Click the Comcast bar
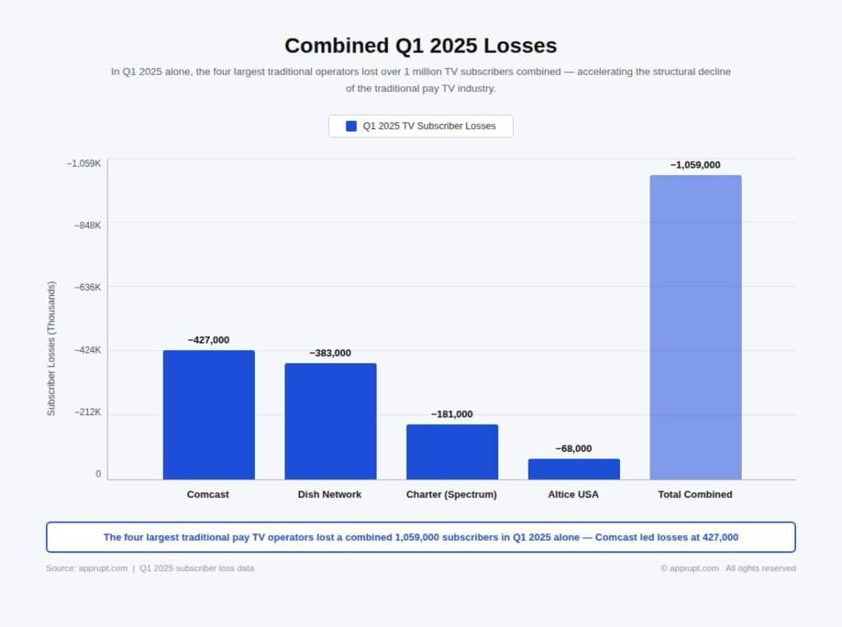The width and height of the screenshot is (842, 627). point(209,415)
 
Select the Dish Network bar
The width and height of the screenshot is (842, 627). point(331,422)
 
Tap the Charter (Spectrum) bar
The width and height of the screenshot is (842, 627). point(452,452)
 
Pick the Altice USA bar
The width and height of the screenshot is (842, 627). point(574,469)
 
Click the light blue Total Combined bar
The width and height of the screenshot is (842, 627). point(696,327)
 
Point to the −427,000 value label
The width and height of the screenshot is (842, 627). point(209,339)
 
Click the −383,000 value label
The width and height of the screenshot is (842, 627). point(331,353)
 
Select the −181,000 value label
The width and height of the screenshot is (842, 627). point(452,414)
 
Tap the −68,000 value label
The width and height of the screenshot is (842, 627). point(574,449)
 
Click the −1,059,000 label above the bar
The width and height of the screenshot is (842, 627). point(696,164)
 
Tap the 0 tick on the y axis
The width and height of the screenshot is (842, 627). point(98,474)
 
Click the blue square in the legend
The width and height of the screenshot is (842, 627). point(351,126)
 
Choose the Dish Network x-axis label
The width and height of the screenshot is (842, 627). point(330,495)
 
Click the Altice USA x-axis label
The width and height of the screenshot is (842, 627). point(573,495)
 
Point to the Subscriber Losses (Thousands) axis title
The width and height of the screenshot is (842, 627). point(51,348)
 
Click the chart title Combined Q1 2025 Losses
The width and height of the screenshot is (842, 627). point(421,45)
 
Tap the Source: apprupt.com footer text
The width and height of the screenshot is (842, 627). point(86,568)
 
